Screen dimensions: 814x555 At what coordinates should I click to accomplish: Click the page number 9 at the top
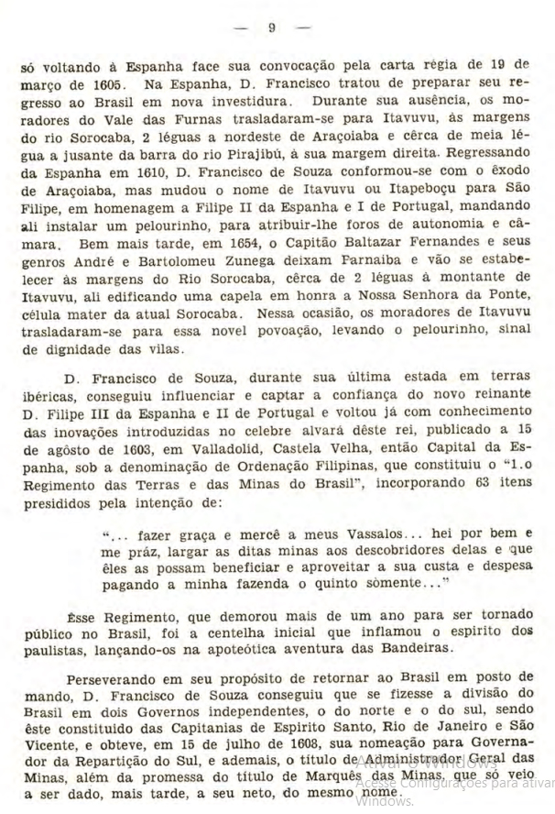pyautogui.click(x=272, y=28)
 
